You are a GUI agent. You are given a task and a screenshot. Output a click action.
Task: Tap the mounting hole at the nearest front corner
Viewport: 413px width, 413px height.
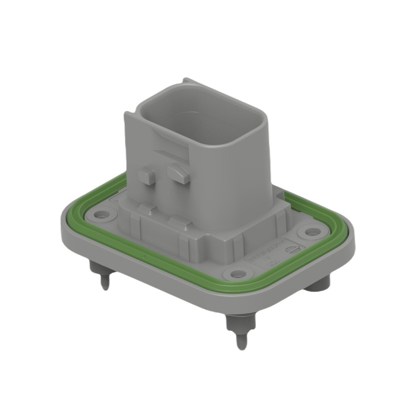237,274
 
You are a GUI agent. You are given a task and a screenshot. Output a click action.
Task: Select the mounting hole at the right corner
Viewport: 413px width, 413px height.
311,232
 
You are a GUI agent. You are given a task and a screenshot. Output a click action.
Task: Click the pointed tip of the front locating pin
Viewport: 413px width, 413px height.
241,345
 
